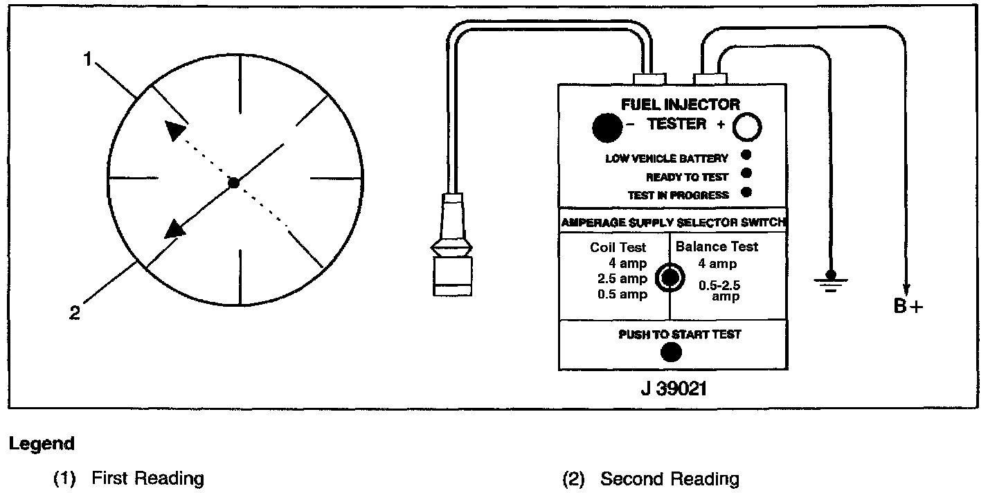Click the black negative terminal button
(x=607, y=127)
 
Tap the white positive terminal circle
(x=748, y=127)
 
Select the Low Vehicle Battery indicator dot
(x=746, y=155)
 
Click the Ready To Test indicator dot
(x=746, y=174)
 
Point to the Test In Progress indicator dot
(x=746, y=192)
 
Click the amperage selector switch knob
(x=670, y=277)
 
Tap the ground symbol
(x=831, y=280)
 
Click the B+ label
(x=908, y=305)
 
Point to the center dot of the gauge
(x=234, y=183)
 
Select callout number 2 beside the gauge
(x=75, y=312)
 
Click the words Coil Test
(x=618, y=247)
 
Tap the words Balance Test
(x=717, y=247)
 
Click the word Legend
(x=42, y=444)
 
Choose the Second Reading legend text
(x=669, y=478)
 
